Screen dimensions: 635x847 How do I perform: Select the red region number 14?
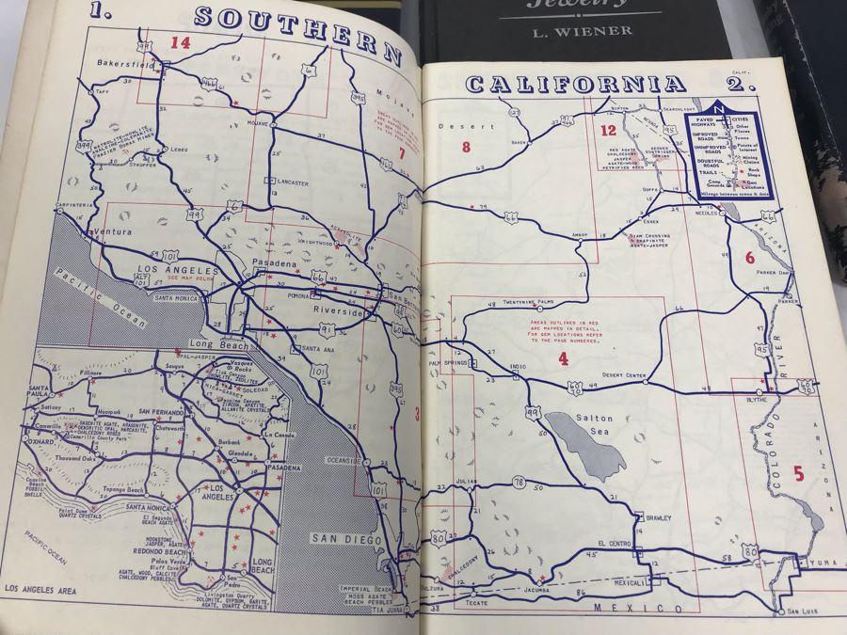(x=180, y=42)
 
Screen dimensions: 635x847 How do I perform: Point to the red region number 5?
(x=798, y=474)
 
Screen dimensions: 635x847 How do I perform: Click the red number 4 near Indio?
(x=563, y=358)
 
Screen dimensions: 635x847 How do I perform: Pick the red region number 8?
(x=464, y=146)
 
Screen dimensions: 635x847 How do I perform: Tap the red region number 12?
(x=608, y=131)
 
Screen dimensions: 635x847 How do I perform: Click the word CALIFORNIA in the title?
(x=575, y=84)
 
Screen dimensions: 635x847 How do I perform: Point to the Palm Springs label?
(x=447, y=362)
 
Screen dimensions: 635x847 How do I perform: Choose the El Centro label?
(x=613, y=543)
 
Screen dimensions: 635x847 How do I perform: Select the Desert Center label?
(x=624, y=375)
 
